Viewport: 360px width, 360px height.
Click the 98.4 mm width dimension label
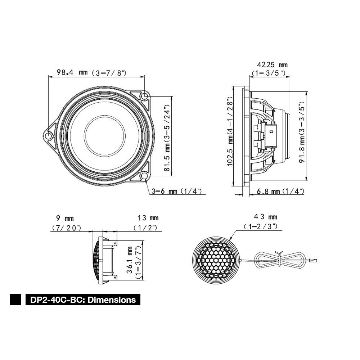[91, 73]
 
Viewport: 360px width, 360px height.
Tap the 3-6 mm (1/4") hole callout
[176, 191]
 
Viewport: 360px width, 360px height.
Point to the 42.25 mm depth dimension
[269, 69]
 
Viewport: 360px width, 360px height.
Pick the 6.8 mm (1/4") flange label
[280, 191]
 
